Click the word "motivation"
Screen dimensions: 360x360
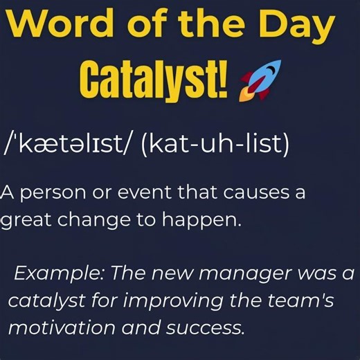(x=52, y=327)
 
